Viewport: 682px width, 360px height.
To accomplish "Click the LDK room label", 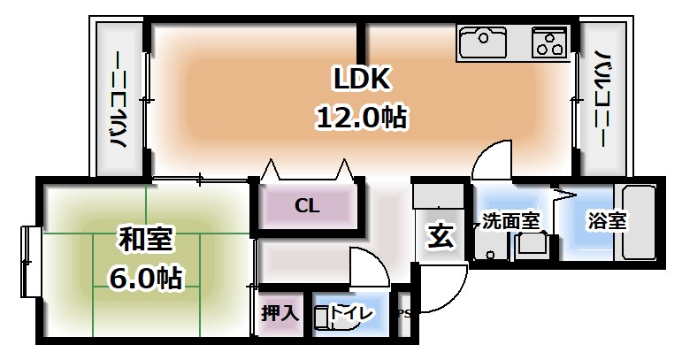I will tap(361, 80).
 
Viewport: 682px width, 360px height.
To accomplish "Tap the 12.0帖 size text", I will tap(361, 117).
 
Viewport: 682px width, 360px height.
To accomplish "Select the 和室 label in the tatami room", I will tap(147, 240).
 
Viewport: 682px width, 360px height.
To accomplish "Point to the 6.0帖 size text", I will tap(147, 278).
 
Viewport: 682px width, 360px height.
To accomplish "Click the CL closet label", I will tap(307, 206).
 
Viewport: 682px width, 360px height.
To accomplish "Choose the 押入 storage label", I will tap(280, 314).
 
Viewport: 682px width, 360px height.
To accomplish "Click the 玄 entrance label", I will tap(441, 236).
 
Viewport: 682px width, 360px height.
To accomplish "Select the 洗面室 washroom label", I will tap(510, 221).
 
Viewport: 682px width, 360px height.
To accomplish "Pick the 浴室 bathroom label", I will tap(608, 221).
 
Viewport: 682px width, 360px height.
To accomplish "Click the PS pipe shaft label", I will tap(404, 313).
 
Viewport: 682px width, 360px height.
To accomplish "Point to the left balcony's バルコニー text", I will tap(118, 100).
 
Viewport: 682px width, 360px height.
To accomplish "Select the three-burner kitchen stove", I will tap(551, 41).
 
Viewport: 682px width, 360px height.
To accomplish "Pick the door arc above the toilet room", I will tap(364, 265).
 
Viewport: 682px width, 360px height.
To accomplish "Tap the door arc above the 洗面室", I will tap(492, 164).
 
